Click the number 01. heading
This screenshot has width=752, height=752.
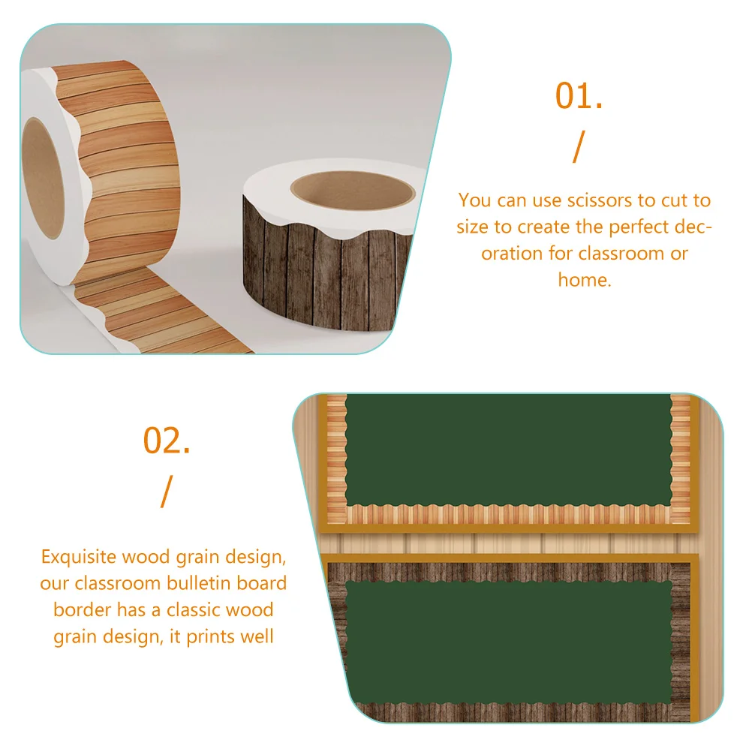pos(579,97)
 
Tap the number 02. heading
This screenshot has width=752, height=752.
pos(167,441)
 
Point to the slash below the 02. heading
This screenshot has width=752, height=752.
pos(166,491)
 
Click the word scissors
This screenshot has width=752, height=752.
pos(582,200)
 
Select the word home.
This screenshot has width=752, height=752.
pos(583,279)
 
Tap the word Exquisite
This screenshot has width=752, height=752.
pos(79,558)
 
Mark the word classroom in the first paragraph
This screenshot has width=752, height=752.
pos(622,253)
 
